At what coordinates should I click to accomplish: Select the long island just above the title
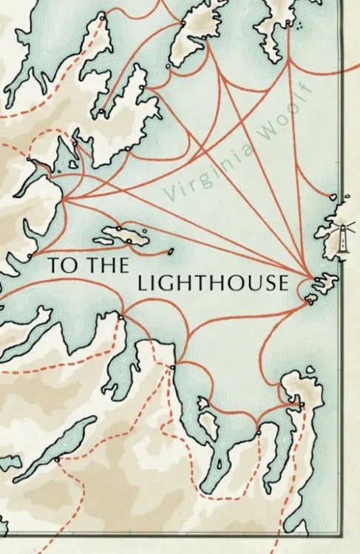(x=123, y=236)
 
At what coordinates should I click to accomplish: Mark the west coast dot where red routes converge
(x=62, y=198)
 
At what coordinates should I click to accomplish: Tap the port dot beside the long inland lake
(x=57, y=459)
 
